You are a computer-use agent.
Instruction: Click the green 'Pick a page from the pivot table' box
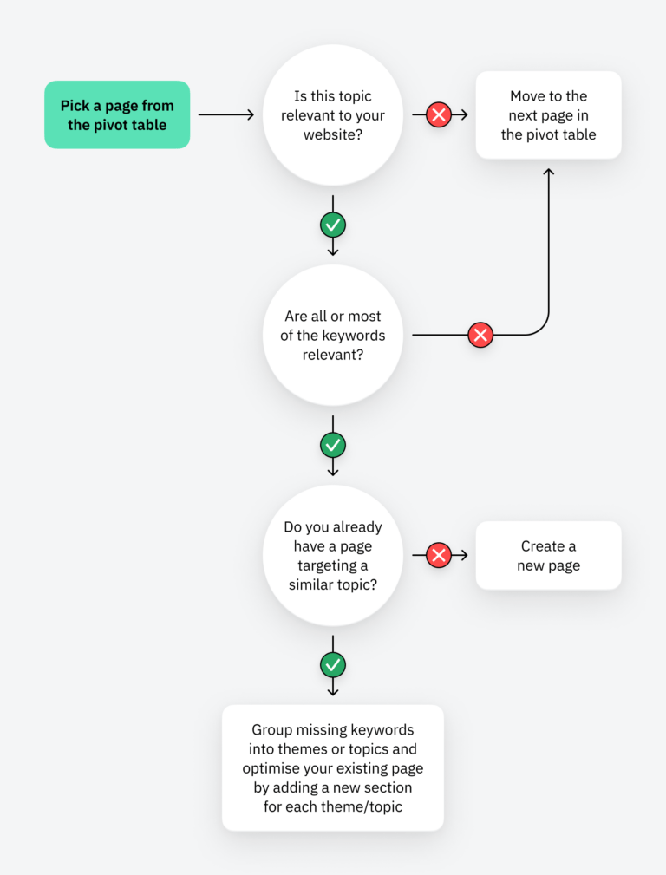point(117,114)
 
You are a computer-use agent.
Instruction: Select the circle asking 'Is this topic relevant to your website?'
point(333,114)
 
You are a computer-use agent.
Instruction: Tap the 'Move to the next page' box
point(548,114)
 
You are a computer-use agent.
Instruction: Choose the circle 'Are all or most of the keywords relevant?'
point(333,335)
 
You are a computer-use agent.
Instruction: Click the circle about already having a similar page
point(333,555)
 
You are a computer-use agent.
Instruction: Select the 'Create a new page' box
point(548,555)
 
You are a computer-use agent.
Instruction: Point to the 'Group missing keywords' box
point(333,767)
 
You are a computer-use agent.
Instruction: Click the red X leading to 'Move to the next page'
point(439,114)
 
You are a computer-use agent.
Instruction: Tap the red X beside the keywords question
point(480,335)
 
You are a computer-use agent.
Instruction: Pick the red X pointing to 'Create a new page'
point(439,555)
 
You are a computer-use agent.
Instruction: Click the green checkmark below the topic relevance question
point(333,225)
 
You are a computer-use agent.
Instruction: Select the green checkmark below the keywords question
point(333,446)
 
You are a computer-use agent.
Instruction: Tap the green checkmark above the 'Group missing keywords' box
point(333,665)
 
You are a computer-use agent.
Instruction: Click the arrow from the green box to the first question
point(225,114)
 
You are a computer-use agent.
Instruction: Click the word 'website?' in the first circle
point(333,134)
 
